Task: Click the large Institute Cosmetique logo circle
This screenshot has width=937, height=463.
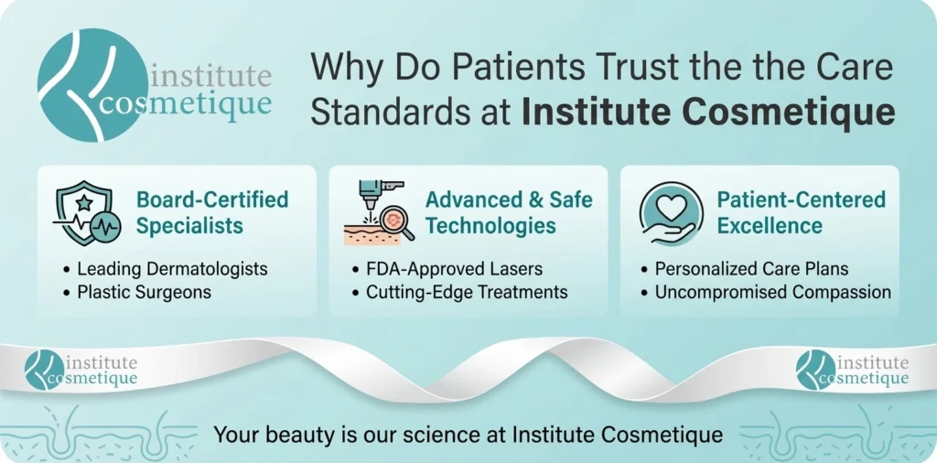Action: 92,85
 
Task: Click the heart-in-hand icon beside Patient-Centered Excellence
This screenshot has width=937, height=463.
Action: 671,213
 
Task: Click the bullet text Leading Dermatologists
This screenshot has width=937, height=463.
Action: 172,269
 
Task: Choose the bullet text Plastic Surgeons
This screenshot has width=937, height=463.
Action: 144,292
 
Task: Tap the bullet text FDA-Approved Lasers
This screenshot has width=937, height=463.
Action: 454,269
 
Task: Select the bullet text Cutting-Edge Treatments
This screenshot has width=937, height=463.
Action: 467,292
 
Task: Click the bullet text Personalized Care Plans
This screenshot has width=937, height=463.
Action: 751,269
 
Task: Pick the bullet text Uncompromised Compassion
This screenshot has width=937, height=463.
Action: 772,292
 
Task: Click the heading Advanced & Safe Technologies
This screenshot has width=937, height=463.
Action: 509,212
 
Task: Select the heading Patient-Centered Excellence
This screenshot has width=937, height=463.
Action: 802,212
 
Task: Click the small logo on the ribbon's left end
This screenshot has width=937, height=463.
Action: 81,371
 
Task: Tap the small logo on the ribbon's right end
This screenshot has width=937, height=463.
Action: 853,371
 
